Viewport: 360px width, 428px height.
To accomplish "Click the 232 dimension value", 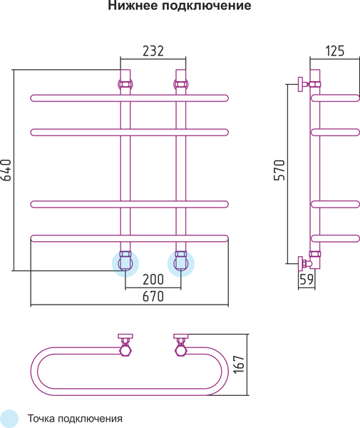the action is click(x=153, y=51).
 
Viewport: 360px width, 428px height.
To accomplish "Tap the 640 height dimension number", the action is click(x=6, y=170).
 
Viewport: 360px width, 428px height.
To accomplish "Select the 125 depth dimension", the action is click(x=335, y=51).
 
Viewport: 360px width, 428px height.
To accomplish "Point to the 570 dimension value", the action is click(x=279, y=170).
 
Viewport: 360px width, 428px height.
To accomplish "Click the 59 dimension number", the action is click(x=307, y=279).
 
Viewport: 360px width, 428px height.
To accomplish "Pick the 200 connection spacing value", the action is click(x=153, y=279).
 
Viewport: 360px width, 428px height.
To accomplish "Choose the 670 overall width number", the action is click(x=153, y=297).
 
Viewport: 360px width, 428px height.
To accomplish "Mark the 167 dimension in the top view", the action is click(x=239, y=365).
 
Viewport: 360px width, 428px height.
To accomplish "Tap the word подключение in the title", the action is click(x=207, y=6).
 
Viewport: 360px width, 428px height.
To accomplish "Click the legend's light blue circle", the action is click(x=9, y=419).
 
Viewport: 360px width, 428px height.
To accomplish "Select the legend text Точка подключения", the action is click(x=75, y=419).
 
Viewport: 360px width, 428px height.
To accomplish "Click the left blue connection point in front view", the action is click(x=125, y=264).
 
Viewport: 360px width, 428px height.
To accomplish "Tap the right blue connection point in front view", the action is click(x=180, y=264).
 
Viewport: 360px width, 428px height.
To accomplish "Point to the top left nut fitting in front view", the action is click(x=125, y=83).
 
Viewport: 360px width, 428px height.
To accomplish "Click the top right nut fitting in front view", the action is click(x=180, y=83).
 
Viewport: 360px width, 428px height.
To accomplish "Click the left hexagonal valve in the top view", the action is click(x=125, y=350).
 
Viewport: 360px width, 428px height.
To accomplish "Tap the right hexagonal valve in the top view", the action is click(x=180, y=350).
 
